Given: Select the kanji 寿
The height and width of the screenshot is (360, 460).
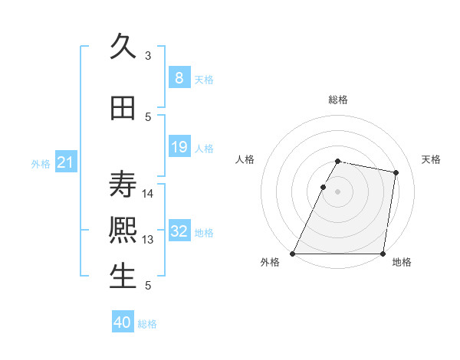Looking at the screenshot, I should click(123, 185).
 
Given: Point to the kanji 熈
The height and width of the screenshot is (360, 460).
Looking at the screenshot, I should click(123, 231).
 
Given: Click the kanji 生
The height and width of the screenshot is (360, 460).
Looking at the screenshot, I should click(123, 277).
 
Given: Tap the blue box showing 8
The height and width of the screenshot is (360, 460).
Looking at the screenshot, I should click(179, 78).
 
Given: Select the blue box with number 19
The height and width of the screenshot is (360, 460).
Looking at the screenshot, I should click(179, 147).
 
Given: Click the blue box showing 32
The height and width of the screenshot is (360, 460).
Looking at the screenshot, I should click(179, 231).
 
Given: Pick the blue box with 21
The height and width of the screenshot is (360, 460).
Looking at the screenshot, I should click(65, 162).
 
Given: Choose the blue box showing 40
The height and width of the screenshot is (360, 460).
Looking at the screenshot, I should click(123, 322).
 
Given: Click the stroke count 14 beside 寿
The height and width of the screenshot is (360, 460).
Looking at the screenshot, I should click(148, 193).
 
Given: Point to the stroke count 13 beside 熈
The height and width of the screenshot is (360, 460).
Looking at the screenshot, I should click(148, 240).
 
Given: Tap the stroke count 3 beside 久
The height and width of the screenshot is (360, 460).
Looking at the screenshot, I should click(148, 56).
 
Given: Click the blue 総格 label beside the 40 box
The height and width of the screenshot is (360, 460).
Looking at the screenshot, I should click(147, 324).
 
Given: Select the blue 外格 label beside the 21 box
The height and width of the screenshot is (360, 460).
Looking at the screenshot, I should click(41, 163).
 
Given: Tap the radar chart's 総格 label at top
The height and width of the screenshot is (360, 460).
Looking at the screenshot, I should click(337, 100).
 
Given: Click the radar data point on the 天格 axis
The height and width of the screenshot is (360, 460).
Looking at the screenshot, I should click(396, 172).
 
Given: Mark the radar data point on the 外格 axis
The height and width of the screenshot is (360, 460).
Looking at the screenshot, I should click(293, 254).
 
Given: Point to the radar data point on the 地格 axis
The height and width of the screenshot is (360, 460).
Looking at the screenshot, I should click(383, 254).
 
